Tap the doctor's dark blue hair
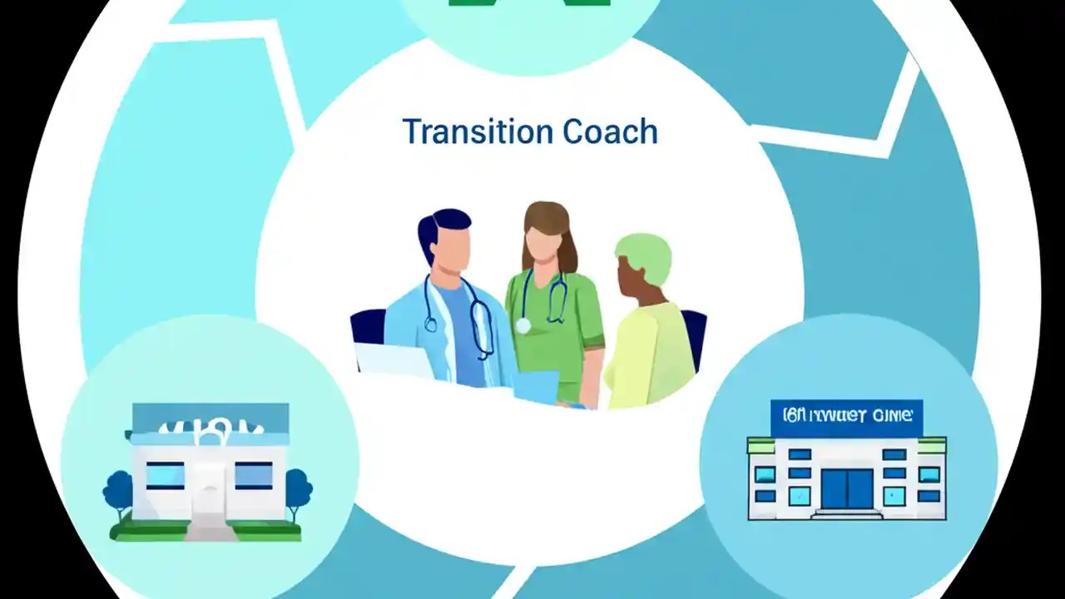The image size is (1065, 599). pyautogui.click(x=441, y=225)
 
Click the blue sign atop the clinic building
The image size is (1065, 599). pyautogui.click(x=846, y=417)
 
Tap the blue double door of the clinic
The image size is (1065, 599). pyautogui.click(x=847, y=488)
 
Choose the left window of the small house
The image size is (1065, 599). pyautogui.click(x=166, y=475)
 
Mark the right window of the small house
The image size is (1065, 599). pyautogui.click(x=253, y=475)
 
